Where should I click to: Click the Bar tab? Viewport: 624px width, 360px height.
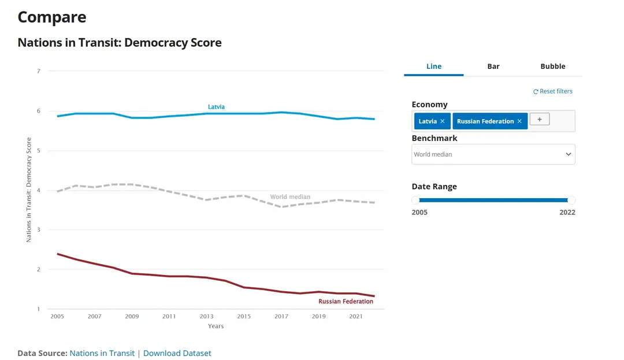pos(493,66)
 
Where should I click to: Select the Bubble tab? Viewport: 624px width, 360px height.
pos(552,66)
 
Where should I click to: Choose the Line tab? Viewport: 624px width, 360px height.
pos(434,66)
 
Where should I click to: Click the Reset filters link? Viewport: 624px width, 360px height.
pos(553,91)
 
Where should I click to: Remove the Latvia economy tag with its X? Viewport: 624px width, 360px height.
pos(443,121)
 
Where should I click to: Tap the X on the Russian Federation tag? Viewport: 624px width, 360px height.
pos(519,121)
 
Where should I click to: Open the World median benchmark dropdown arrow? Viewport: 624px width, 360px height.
pos(569,154)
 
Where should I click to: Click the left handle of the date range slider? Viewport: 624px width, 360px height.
pos(416,201)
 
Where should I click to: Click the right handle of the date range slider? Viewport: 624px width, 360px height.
pos(571,201)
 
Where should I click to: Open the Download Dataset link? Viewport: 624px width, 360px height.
pos(177,353)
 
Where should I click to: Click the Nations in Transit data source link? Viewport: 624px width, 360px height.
pos(102,353)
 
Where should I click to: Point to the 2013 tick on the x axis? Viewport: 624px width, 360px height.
pos(206,317)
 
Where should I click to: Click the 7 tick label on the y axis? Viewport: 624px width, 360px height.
pos(38,71)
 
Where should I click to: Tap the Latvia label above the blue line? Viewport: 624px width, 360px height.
pos(216,107)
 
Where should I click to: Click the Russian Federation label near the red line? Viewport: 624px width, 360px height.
pos(346,302)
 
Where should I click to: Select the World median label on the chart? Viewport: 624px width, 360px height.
pos(290,197)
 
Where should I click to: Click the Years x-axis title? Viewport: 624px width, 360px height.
pos(216,326)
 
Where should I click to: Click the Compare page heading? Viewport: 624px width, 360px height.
pos(52,17)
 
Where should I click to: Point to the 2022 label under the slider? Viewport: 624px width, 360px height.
pos(567,212)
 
